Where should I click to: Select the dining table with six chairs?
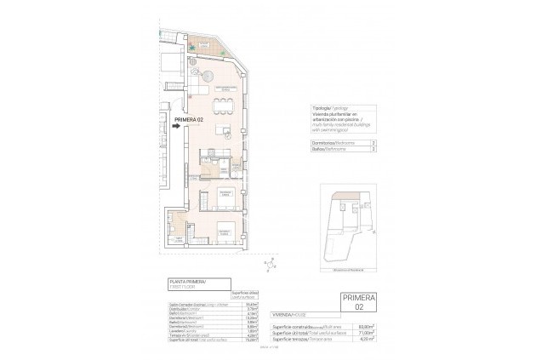(x=224, y=105)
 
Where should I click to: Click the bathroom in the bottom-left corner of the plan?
(x=176, y=224)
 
